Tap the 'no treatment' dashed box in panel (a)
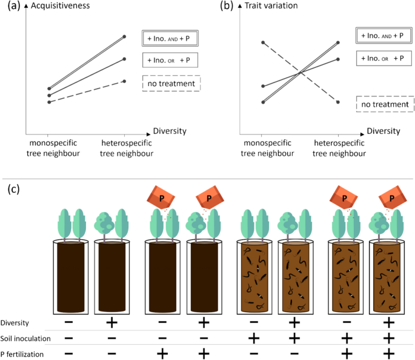click(x=171, y=83)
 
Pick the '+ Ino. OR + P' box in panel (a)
click(x=171, y=60)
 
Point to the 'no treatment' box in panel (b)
click(x=385, y=105)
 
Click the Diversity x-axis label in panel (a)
click(x=169, y=130)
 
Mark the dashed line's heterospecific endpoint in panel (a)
click(x=124, y=81)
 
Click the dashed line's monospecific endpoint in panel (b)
click(x=262, y=42)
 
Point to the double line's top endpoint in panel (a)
click(x=124, y=37)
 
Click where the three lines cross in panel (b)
click(x=300, y=72)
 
